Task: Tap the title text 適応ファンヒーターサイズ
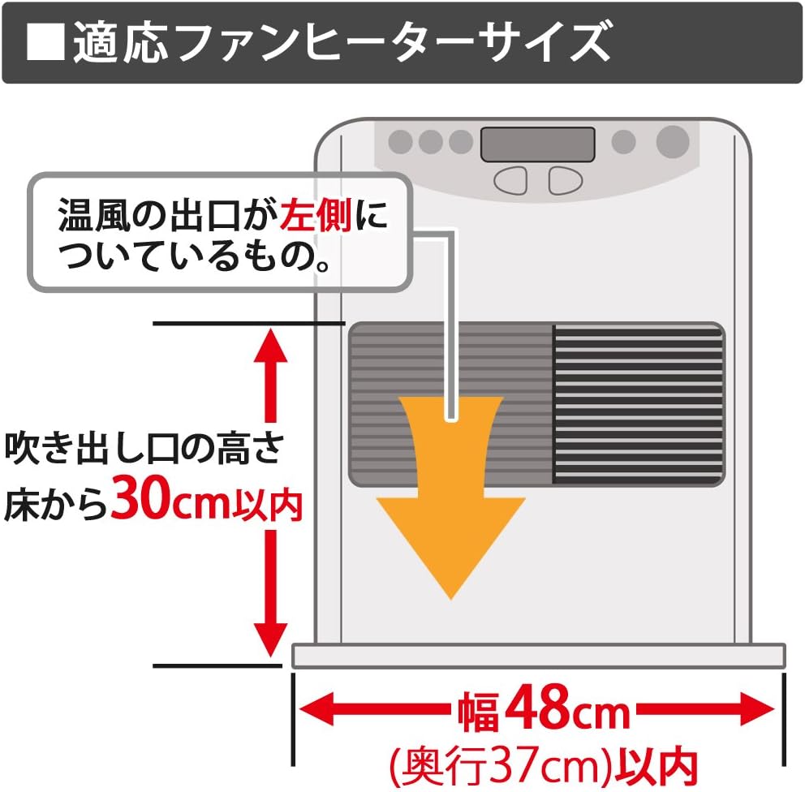[x=341, y=43]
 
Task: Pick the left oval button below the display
[x=511, y=180]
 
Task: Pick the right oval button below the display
[x=564, y=180]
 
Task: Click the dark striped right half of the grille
[x=638, y=403]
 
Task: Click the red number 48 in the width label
[x=546, y=712]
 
